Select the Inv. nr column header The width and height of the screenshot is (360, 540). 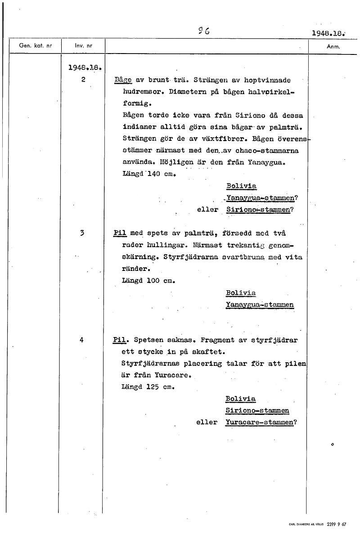pyautogui.click(x=83, y=46)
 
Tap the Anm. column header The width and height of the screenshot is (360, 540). pyautogui.click(x=333, y=46)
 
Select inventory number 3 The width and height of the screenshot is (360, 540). pyautogui.click(x=82, y=233)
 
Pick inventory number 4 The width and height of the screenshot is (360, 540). pyautogui.click(x=81, y=340)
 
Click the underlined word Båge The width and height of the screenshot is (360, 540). pyautogui.click(x=123, y=80)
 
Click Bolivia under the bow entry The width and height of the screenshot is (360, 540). pyautogui.click(x=241, y=186)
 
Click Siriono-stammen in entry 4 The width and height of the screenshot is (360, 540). pyautogui.click(x=257, y=410)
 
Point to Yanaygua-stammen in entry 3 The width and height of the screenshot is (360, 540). pyautogui.click(x=260, y=305)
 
